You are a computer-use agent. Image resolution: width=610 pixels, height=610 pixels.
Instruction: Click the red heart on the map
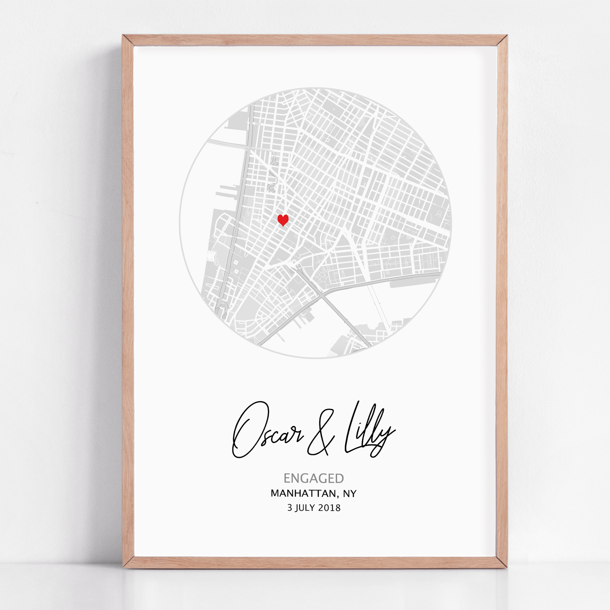tap(283, 220)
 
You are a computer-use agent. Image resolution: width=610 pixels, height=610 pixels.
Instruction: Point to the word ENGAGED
tap(314, 478)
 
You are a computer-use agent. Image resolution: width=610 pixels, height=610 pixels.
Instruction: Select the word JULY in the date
tap(305, 508)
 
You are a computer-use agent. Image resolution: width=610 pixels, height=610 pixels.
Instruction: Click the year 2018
tap(329, 508)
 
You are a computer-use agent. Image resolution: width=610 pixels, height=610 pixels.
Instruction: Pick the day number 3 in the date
tap(290, 508)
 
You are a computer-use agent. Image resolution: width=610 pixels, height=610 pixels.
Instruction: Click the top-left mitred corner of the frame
tap(128, 41)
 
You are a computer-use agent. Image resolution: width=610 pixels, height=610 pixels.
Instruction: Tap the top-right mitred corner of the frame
tap(502, 41)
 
